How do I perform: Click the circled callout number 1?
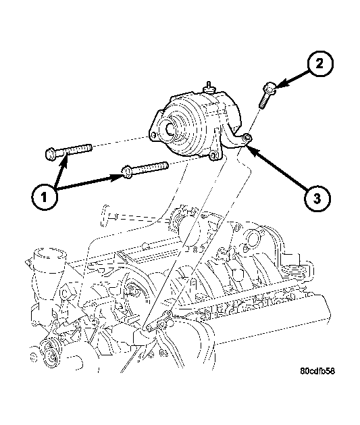(x=44, y=198)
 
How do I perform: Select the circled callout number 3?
(x=316, y=199)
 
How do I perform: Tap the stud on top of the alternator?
(x=210, y=86)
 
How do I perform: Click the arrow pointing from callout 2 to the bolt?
(x=291, y=80)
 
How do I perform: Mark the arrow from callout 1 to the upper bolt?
(x=59, y=173)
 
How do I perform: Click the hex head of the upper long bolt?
(x=53, y=154)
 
